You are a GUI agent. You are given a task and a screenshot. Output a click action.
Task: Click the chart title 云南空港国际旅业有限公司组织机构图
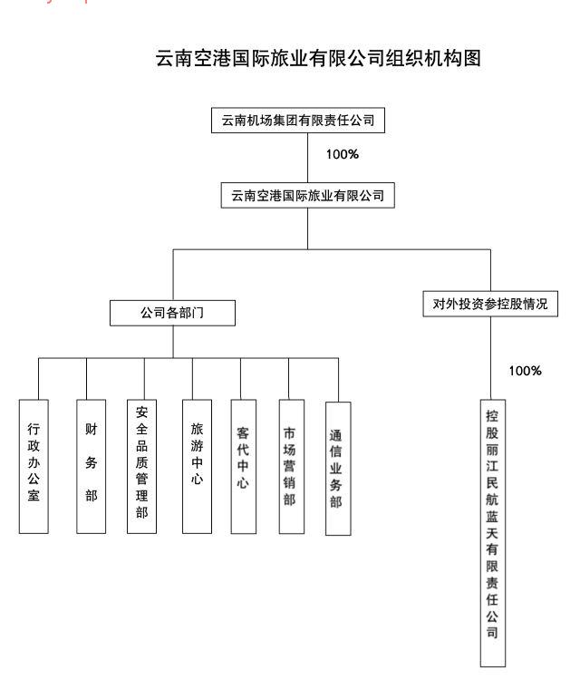pyautogui.click(x=317, y=60)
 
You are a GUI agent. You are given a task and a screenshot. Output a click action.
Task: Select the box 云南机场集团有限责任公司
pyautogui.click(x=307, y=120)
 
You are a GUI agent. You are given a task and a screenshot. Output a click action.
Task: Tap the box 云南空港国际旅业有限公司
pyautogui.click(x=307, y=195)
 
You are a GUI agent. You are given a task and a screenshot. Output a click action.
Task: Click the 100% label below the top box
pyautogui.click(x=343, y=154)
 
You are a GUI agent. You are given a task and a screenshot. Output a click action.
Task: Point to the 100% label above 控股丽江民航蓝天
pyautogui.click(x=525, y=371)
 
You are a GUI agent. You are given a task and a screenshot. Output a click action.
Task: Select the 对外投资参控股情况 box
pyautogui.click(x=490, y=304)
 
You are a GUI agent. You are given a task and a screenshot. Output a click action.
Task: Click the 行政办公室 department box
pyautogui.click(x=34, y=465)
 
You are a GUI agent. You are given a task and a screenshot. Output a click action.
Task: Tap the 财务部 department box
pyautogui.click(x=90, y=465)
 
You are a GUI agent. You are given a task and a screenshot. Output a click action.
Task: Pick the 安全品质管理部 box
pyautogui.click(x=141, y=465)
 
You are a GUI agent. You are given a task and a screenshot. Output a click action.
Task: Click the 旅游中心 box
pyautogui.click(x=197, y=465)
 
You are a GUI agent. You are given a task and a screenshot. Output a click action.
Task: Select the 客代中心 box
pyautogui.click(x=243, y=465)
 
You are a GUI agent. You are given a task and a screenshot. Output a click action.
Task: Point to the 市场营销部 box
pyautogui.click(x=289, y=465)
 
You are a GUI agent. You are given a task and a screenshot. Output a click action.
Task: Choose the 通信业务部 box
pyautogui.click(x=337, y=468)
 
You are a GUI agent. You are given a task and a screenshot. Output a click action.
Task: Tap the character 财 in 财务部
pyautogui.click(x=90, y=429)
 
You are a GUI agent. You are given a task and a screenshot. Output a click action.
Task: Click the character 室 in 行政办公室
pyautogui.click(x=34, y=497)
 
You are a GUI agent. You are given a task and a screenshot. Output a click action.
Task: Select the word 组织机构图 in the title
pyautogui.click(x=440, y=60)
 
